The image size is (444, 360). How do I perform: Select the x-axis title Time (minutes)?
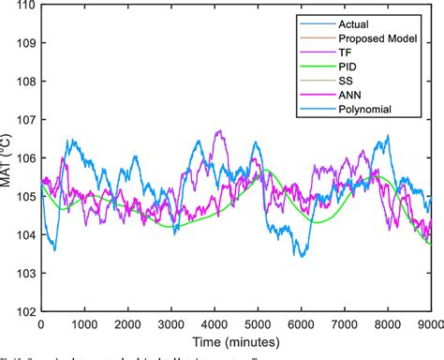[234, 344]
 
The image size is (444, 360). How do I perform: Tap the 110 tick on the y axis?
[25, 6]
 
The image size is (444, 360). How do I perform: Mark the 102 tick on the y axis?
[25, 312]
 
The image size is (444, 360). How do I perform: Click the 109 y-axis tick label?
[25, 43]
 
